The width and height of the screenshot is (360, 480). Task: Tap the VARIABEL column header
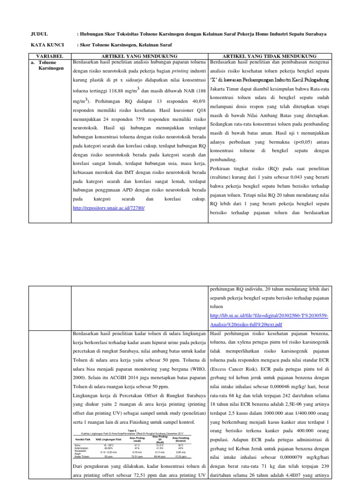49,56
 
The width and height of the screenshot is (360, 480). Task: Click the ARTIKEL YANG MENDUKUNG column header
140,56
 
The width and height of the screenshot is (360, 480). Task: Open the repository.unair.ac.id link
109,208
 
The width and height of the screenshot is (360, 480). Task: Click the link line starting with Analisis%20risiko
247,324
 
